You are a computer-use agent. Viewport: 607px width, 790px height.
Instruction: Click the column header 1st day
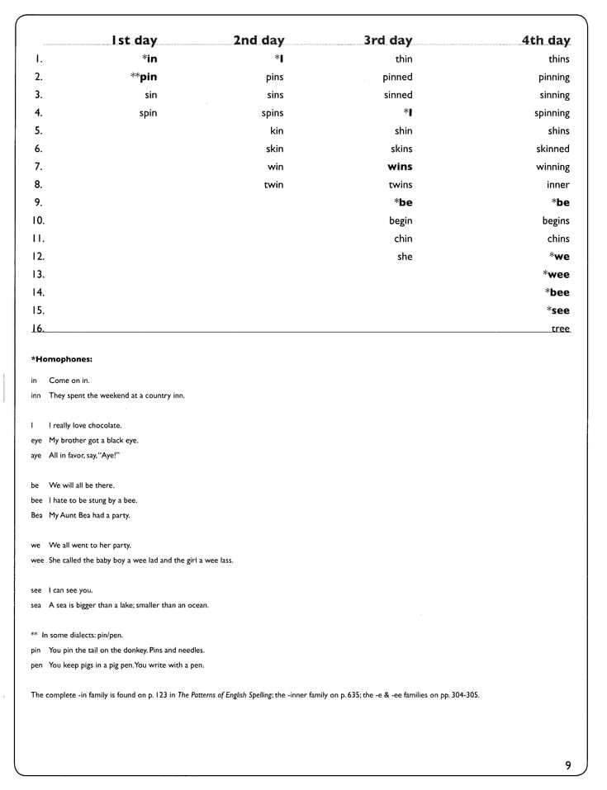pyautogui.click(x=134, y=40)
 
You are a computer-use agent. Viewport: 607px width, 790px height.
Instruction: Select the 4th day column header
pyautogui.click(x=545, y=40)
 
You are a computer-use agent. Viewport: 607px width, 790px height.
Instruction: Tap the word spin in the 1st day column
pyautogui.click(x=148, y=113)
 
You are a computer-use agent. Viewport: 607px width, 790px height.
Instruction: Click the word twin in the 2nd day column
pyautogui.click(x=273, y=185)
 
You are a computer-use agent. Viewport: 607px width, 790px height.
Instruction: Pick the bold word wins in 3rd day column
pyautogui.click(x=400, y=167)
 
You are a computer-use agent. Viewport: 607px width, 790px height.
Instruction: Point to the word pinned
pyautogui.click(x=397, y=77)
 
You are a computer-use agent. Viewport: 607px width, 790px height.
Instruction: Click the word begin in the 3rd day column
pyautogui.click(x=401, y=221)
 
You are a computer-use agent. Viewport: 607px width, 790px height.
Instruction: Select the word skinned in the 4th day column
pyautogui.click(x=552, y=149)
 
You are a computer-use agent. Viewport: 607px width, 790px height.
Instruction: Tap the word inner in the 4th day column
pyautogui.click(x=557, y=185)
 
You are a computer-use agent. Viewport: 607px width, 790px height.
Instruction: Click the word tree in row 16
pyautogui.click(x=560, y=329)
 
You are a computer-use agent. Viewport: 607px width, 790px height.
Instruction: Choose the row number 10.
pyautogui.click(x=38, y=220)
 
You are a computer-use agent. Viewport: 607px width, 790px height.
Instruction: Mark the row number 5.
pyautogui.click(x=38, y=130)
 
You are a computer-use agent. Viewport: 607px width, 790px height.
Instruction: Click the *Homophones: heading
pyautogui.click(x=61, y=359)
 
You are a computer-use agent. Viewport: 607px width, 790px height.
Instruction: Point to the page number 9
pyautogui.click(x=567, y=765)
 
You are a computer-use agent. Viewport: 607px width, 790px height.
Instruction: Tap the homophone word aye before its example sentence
pyautogui.click(x=36, y=456)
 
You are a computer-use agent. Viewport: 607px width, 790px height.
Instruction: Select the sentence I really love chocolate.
pyautogui.click(x=85, y=426)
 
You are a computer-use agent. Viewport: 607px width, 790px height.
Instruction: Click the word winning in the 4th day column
pyautogui.click(x=552, y=167)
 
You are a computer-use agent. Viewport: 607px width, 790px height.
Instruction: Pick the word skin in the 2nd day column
pyautogui.click(x=274, y=149)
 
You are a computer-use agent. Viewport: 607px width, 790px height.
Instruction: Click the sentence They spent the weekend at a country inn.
pyautogui.click(x=116, y=395)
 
